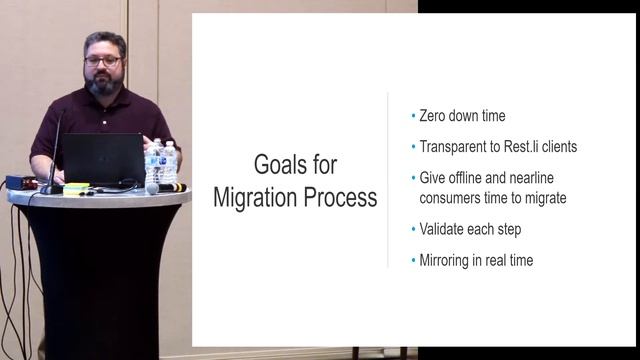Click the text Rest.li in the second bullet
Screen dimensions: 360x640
point(530,146)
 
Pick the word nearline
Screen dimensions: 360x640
point(545,179)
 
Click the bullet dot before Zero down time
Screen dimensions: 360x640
point(413,117)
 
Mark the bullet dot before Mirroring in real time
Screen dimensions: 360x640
point(413,261)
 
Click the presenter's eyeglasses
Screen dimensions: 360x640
point(103,61)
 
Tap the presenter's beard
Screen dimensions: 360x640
point(104,84)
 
